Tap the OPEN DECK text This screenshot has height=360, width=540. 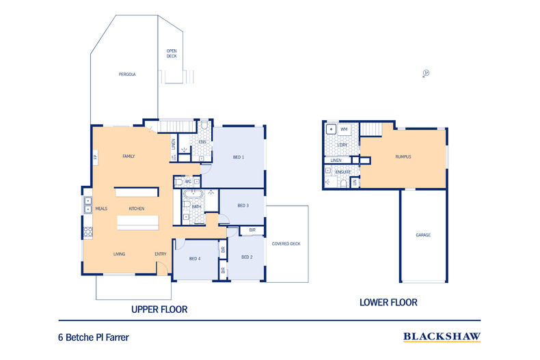[172, 54]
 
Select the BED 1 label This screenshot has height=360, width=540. [239, 157]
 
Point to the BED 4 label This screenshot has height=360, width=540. [195, 259]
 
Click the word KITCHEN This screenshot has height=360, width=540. [137, 208]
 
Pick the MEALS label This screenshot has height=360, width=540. [101, 208]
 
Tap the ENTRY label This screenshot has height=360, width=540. [161, 254]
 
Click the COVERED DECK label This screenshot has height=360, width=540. [286, 244]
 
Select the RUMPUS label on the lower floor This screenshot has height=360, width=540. [403, 156]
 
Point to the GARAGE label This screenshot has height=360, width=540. [423, 235]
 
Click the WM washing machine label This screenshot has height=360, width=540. [344, 129]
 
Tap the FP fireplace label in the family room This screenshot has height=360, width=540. [95, 158]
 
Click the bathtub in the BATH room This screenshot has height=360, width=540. [187, 204]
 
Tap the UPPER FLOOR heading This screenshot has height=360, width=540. [159, 309]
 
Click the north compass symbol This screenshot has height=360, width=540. [425, 72]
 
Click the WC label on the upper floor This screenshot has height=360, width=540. [187, 181]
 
